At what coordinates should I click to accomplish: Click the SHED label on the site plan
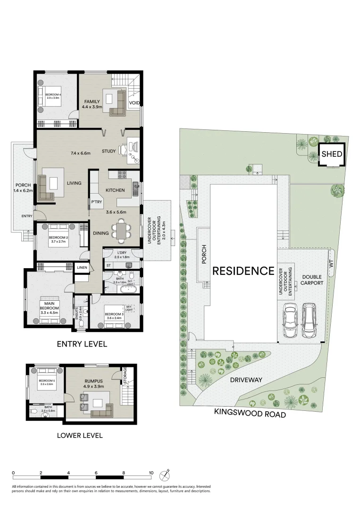[332, 154]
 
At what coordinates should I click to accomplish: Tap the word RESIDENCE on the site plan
[243, 271]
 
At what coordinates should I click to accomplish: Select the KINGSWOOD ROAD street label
[250, 414]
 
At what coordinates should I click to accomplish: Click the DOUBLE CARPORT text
[312, 280]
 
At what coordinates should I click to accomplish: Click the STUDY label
[109, 151]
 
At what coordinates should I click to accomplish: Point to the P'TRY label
[96, 202]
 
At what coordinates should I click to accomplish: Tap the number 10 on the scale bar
[151, 473]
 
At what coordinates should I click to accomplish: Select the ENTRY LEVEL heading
[82, 344]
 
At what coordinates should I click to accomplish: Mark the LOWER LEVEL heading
[79, 435]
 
